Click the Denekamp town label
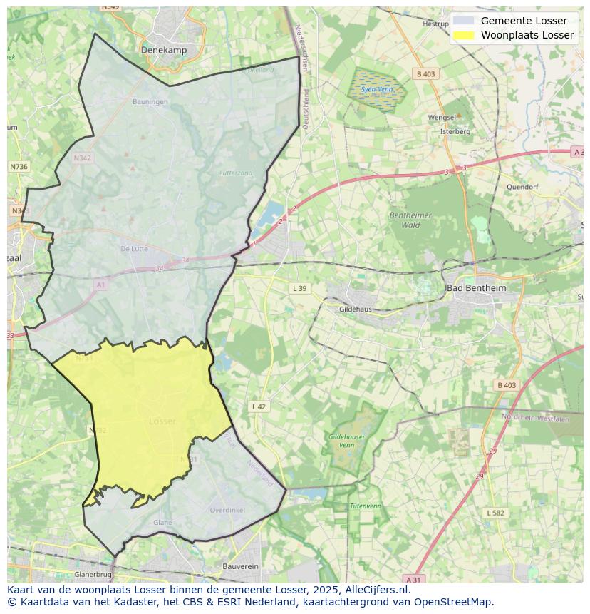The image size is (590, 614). coord(163,51)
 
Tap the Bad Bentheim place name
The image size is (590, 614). coord(475,287)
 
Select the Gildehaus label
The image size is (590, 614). coord(356,309)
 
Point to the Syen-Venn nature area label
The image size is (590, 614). coord(376,90)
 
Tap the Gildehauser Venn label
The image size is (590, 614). coord(346,440)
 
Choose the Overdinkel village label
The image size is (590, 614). coord(227,510)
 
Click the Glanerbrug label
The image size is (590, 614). coord(93,574)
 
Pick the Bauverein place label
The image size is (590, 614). coord(240,566)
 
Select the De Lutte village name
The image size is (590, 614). coord(134,249)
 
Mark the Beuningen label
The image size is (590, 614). coord(150,102)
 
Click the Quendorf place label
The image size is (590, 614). coord(522,187)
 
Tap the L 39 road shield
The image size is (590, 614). coord(299,288)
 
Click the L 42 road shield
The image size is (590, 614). coord(259,406)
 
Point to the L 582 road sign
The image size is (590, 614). coord(495,513)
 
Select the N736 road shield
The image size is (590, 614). coord(19,166)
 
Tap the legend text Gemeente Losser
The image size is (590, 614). coord(524,21)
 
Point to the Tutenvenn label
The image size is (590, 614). coord(365,506)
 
